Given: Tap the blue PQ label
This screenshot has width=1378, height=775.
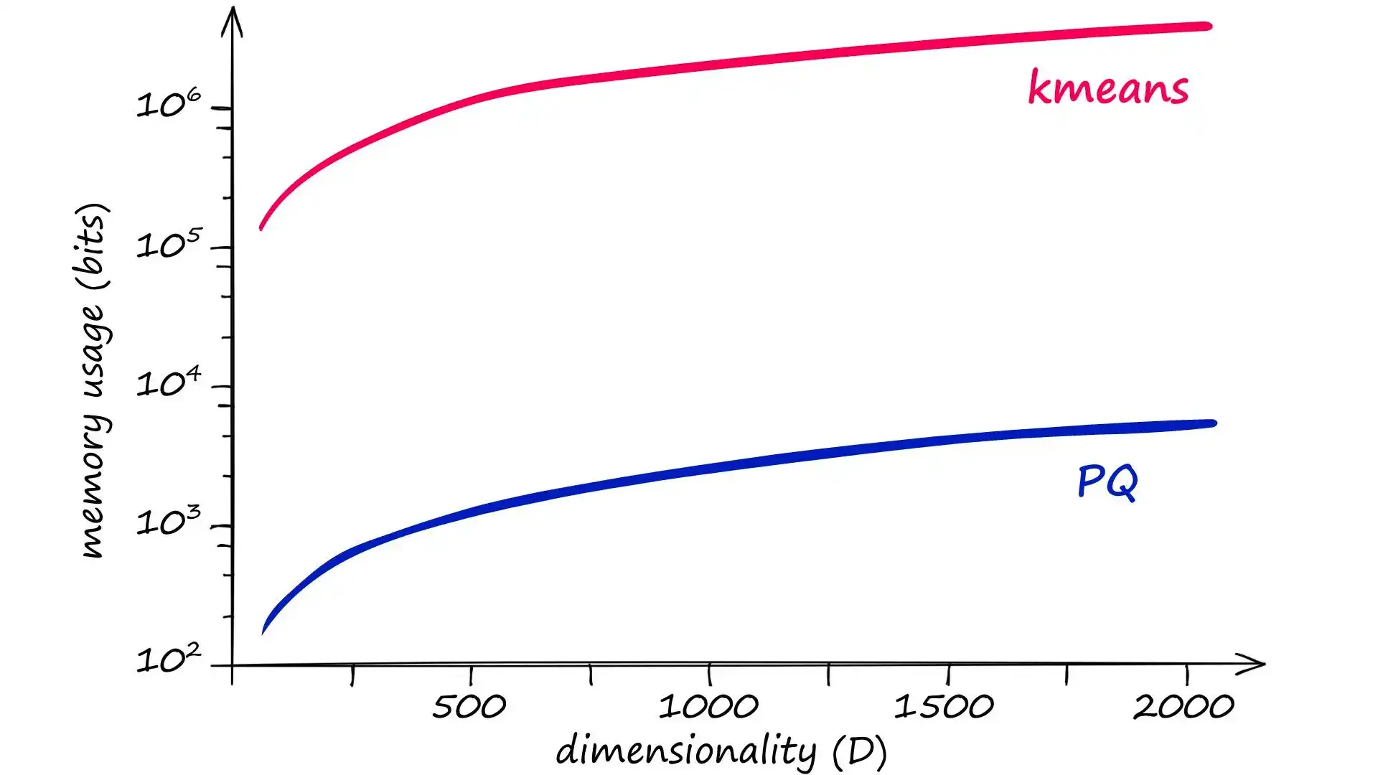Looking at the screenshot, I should point(1107,482).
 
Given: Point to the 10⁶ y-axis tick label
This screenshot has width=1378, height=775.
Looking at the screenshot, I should point(169,104).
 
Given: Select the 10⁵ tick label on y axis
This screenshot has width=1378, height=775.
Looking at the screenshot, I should point(169,244).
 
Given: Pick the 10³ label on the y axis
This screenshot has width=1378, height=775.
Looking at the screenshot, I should point(169,522).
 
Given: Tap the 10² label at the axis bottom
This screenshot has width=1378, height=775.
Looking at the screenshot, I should point(169,659).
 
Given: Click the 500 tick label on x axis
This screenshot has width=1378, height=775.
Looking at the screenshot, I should point(469,707).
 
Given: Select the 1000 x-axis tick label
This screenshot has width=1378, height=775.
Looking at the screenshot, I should point(708,707).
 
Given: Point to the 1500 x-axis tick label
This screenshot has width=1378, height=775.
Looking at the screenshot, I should point(944,707).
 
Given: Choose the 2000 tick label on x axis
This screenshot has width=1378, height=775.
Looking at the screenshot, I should point(1184,707).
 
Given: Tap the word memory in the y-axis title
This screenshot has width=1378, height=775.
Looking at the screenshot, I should point(93,509).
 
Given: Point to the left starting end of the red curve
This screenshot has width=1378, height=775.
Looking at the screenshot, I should point(261,227).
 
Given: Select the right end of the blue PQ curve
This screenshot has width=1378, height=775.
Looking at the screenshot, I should point(1212,423).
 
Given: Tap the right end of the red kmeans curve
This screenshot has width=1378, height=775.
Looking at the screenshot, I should point(1208,27).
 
